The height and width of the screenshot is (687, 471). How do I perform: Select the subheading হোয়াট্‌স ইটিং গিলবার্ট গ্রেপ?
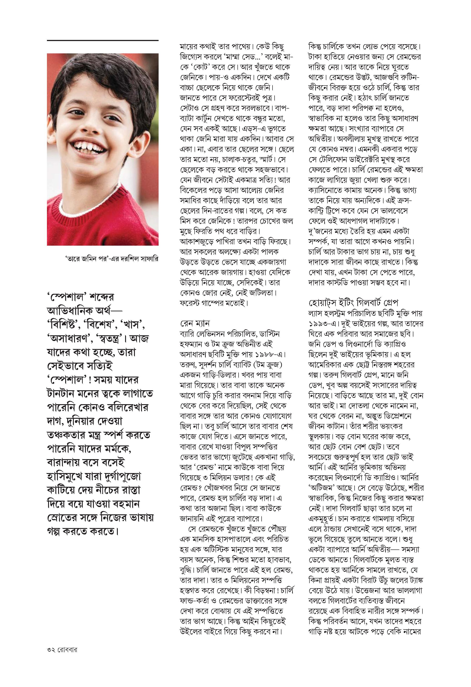[x=353, y=303]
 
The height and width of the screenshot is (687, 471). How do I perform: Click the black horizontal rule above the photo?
[x=103, y=40]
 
